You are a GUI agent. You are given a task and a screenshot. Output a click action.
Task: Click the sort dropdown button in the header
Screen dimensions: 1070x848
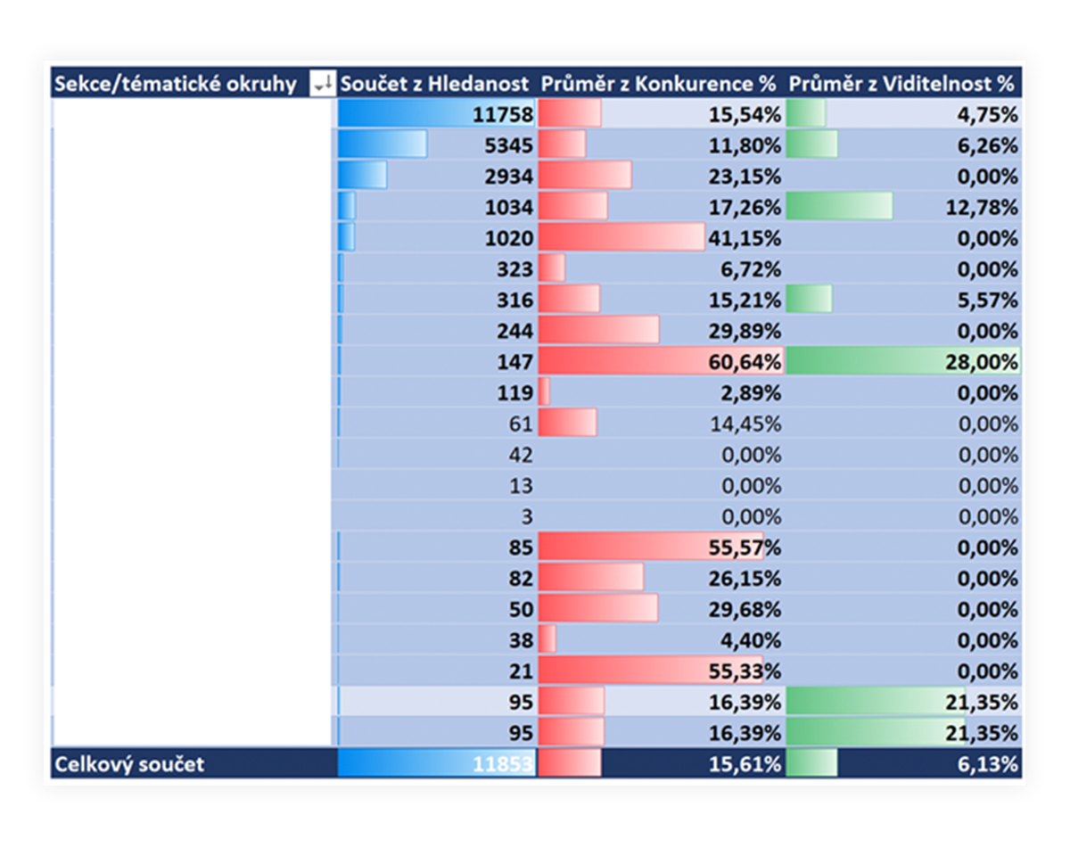click(322, 83)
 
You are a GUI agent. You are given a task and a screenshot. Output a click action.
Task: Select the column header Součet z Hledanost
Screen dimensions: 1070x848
click(434, 84)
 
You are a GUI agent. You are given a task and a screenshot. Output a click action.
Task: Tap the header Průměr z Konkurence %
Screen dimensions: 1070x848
click(658, 84)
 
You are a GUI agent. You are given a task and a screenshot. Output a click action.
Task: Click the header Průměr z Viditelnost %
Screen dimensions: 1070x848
click(901, 84)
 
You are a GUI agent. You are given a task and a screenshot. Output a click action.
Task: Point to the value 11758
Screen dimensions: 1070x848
click(502, 115)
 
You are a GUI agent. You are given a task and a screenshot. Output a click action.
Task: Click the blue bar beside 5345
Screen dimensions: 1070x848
click(382, 144)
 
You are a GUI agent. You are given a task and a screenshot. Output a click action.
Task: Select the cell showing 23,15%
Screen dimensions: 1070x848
click(745, 177)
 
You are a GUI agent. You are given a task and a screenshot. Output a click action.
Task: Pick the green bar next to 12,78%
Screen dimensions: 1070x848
click(839, 206)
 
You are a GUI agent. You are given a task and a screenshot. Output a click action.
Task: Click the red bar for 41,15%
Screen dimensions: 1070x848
click(621, 236)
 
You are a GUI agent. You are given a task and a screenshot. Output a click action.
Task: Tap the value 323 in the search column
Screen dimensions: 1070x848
click(514, 269)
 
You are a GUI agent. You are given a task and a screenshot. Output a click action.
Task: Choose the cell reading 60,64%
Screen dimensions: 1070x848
click(745, 362)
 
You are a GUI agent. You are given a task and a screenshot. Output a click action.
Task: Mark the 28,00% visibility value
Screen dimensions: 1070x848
click(981, 362)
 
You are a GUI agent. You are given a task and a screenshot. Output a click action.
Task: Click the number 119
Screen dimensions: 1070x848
click(514, 393)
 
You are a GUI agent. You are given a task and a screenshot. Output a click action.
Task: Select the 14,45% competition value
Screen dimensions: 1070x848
click(745, 424)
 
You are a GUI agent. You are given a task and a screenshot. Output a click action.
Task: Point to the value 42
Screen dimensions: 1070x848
click(520, 455)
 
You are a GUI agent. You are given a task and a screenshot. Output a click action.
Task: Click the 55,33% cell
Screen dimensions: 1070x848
click(745, 671)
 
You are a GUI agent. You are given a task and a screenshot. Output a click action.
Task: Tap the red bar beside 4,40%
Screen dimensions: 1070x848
click(547, 638)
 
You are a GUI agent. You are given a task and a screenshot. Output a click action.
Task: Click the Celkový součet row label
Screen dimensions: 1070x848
click(129, 764)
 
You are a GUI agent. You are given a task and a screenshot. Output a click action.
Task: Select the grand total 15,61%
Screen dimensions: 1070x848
click(745, 764)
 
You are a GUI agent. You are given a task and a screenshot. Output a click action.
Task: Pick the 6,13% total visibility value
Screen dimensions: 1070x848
click(987, 764)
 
